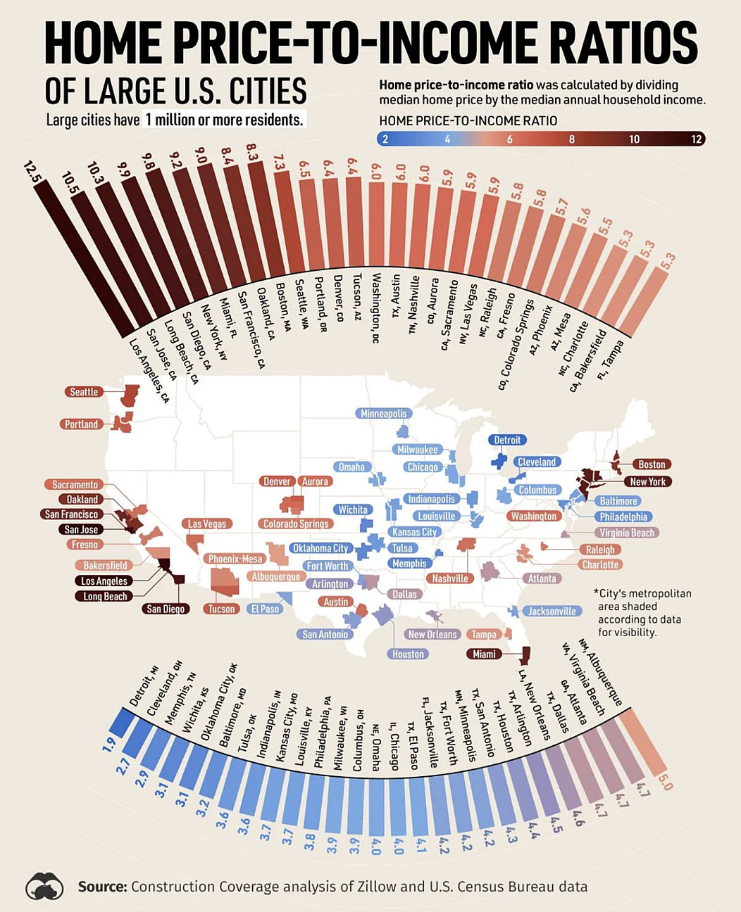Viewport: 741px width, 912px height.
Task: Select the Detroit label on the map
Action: [x=507, y=440]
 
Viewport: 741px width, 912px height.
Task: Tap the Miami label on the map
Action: [x=484, y=654]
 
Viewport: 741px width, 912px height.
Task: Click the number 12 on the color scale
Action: [x=696, y=139]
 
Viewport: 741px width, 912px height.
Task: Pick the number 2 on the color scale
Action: [x=385, y=139]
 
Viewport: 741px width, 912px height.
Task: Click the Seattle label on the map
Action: [x=84, y=392]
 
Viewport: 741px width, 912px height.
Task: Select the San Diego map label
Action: [x=166, y=609]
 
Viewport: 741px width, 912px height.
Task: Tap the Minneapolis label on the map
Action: [x=384, y=414]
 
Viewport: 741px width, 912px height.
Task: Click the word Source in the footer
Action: [x=102, y=887]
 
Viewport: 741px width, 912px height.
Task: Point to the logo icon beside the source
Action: [x=44, y=886]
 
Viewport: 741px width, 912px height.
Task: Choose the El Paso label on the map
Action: [x=266, y=609]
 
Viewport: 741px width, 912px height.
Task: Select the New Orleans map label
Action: [x=432, y=634]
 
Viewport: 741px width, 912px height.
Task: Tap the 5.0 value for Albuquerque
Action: [x=666, y=783]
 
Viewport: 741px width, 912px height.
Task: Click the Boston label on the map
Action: [x=652, y=464]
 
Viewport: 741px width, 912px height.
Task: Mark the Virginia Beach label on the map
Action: [x=626, y=533]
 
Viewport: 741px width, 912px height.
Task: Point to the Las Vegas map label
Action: [x=207, y=524]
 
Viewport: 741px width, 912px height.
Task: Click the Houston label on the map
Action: [x=408, y=654]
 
